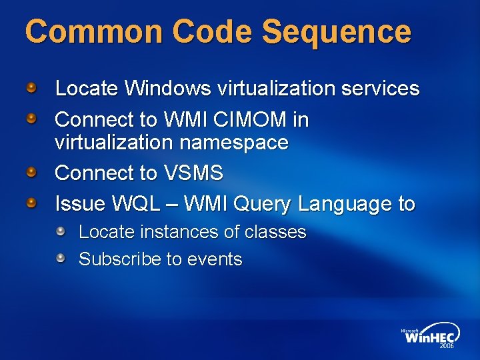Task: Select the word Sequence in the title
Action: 336,31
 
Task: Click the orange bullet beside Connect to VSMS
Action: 31,172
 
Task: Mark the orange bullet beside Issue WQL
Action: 31,203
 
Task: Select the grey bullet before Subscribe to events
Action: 61,258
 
